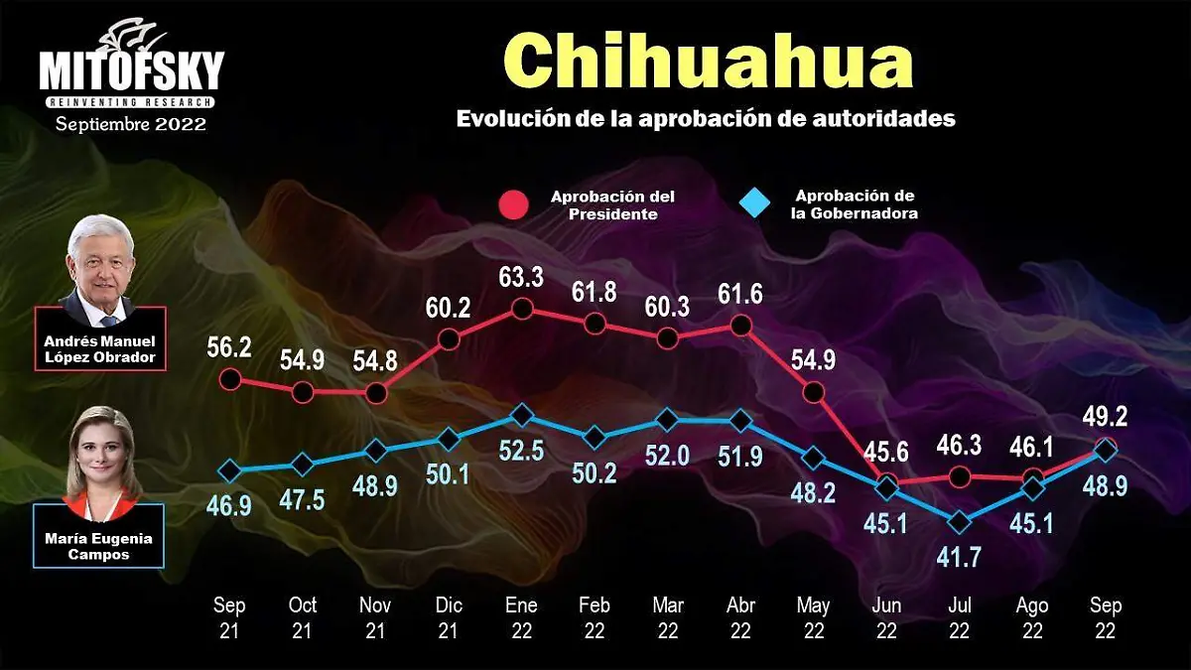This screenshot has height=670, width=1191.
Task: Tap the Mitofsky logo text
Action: (x=132, y=71)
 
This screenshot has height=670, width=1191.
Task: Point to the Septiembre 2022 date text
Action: (x=131, y=125)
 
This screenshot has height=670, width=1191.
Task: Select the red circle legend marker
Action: (x=512, y=204)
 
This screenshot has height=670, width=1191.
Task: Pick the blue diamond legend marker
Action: (x=755, y=203)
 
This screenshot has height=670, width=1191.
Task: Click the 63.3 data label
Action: (x=521, y=278)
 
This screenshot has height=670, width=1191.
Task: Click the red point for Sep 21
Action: (x=230, y=378)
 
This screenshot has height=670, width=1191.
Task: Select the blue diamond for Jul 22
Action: (x=960, y=521)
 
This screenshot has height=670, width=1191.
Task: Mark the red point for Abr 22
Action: (x=739, y=325)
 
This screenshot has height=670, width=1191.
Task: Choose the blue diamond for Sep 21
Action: (x=230, y=470)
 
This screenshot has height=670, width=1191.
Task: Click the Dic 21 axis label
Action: (x=448, y=617)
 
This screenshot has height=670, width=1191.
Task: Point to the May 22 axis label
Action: (x=813, y=617)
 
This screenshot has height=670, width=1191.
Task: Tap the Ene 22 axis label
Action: (x=521, y=617)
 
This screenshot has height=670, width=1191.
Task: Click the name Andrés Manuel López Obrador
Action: (x=100, y=349)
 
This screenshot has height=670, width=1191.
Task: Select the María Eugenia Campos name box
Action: (x=99, y=547)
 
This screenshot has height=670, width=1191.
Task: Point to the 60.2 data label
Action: (x=448, y=307)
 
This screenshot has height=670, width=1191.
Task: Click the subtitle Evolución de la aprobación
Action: (x=706, y=118)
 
